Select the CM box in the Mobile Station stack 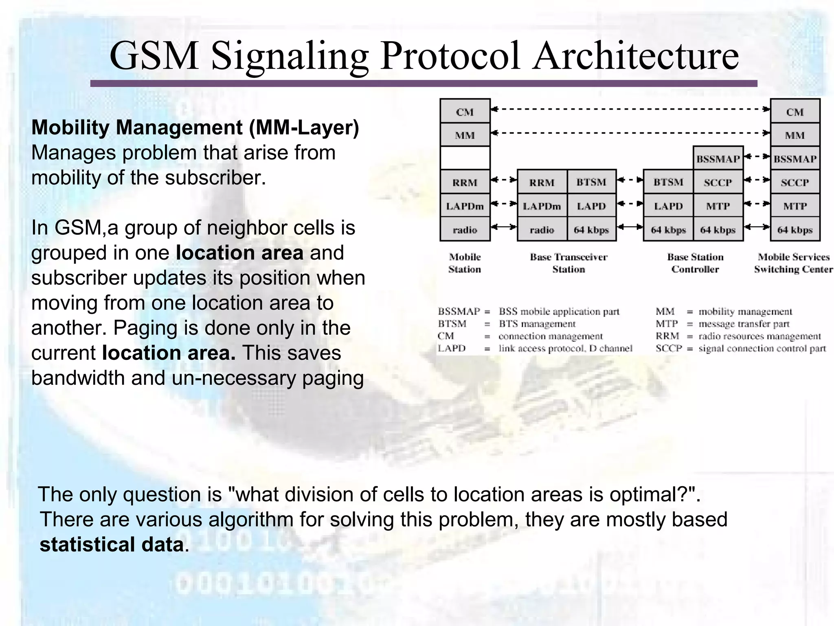click(x=465, y=112)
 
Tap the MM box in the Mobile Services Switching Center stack click(x=794, y=135)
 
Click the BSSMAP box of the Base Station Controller click(x=718, y=159)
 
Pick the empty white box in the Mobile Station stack click(x=465, y=158)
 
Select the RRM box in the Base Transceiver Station click(x=542, y=182)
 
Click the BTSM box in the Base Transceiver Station click(x=591, y=182)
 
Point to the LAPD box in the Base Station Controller click(x=668, y=206)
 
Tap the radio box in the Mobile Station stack click(x=465, y=230)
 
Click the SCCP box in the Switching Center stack click(x=794, y=182)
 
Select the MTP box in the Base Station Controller click(x=718, y=206)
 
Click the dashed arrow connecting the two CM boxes click(x=630, y=109)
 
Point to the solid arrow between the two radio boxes click(x=504, y=227)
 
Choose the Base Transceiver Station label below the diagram click(x=568, y=263)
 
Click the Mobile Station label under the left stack click(x=465, y=263)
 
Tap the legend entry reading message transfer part click(x=744, y=324)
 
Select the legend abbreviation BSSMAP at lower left click(x=459, y=312)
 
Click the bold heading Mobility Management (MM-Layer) click(x=195, y=128)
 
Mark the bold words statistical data click(x=112, y=545)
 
